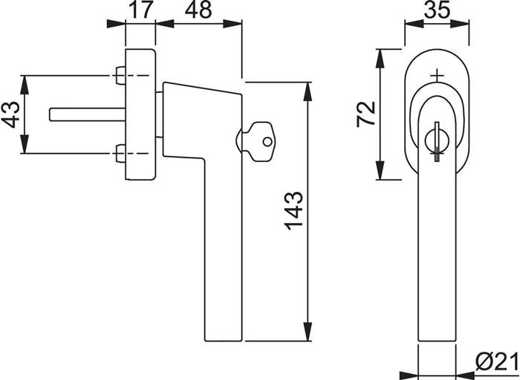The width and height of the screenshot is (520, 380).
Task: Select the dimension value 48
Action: point(198,10)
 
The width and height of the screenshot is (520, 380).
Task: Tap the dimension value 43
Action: point(11,115)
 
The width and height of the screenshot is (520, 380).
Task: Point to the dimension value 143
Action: point(294,210)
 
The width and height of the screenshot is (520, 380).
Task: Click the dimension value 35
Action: point(437,10)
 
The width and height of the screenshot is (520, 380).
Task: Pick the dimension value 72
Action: point(365,115)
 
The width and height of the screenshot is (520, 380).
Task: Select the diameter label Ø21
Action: point(496,361)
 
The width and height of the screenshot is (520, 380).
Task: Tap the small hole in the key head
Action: point(267,142)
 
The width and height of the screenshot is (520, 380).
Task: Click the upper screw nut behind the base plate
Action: point(120,76)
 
